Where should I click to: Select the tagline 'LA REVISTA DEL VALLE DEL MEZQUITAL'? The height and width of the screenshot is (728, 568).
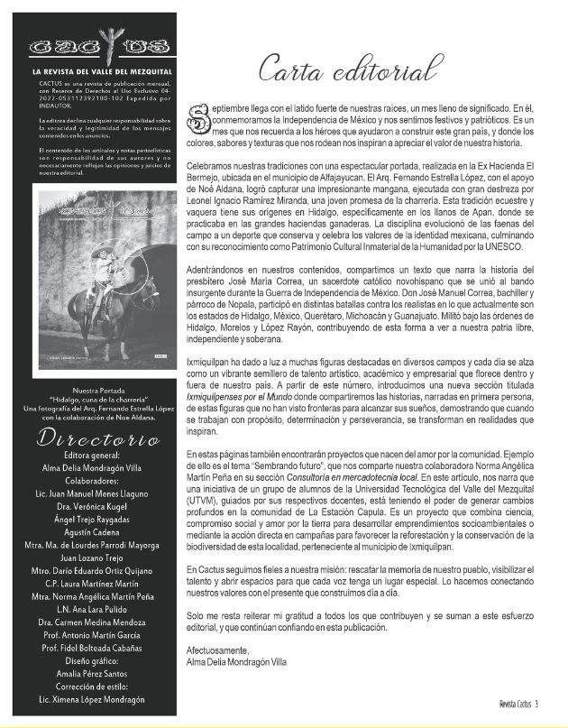coord(95,70)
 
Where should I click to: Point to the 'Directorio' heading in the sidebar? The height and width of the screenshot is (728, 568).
coord(95,438)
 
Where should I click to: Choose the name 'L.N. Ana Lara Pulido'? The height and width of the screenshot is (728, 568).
coord(95,609)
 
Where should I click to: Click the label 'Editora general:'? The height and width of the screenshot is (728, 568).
coord(95,456)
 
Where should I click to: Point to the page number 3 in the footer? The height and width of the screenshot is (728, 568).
coord(536,705)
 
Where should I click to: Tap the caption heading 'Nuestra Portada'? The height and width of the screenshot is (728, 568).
coord(95,389)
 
